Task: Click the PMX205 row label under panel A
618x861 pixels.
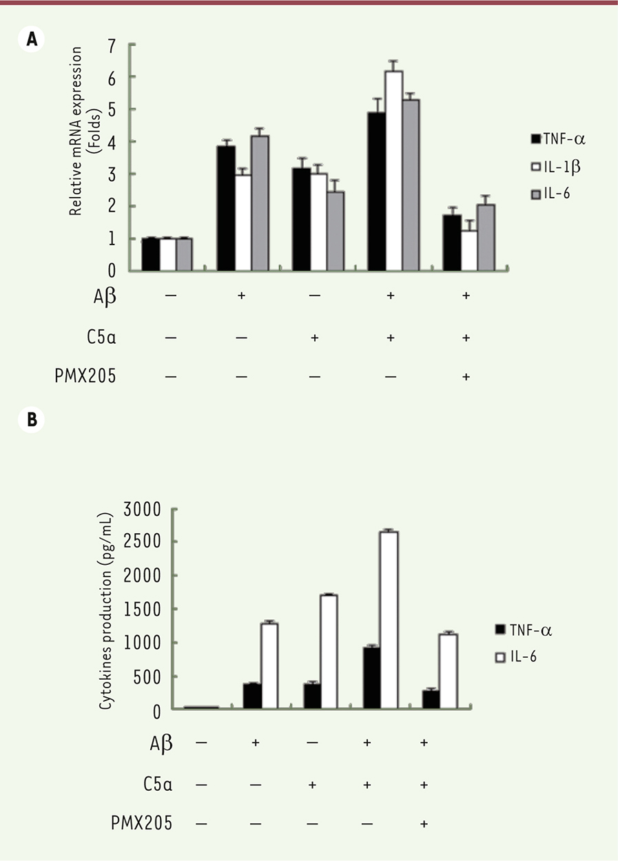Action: pos(85,377)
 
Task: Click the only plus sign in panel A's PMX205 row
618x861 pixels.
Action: pos(466,377)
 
